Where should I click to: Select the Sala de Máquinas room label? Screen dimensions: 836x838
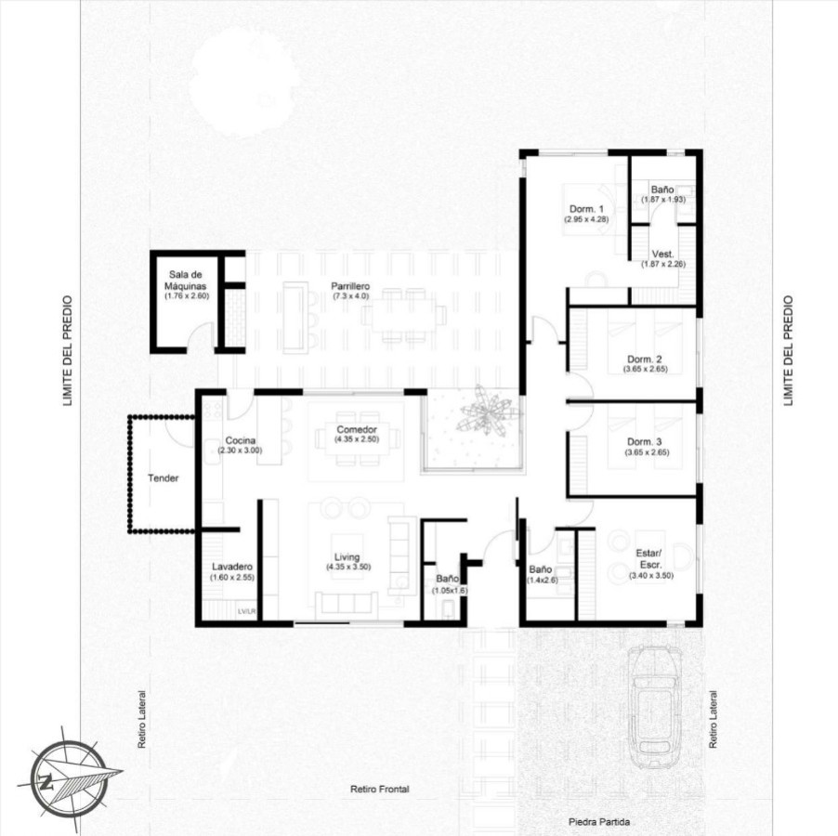pos(188,280)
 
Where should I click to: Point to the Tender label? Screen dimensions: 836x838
pos(163,478)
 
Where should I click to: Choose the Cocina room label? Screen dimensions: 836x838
pos(240,440)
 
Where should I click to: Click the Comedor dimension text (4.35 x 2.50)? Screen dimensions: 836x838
pos(357,440)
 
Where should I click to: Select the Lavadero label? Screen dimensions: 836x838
pos(232,567)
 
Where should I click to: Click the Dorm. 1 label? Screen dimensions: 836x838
pos(585,209)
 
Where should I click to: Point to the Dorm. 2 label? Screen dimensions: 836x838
pos(645,359)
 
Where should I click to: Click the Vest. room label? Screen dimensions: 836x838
pos(662,254)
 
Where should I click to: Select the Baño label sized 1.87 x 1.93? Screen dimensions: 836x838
pos(662,189)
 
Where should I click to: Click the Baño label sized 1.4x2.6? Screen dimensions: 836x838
pos(541,569)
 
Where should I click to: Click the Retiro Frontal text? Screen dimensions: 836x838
pos(379,790)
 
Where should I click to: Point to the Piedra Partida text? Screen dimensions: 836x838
pos(599,822)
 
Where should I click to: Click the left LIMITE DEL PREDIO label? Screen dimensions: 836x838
pos(67,351)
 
